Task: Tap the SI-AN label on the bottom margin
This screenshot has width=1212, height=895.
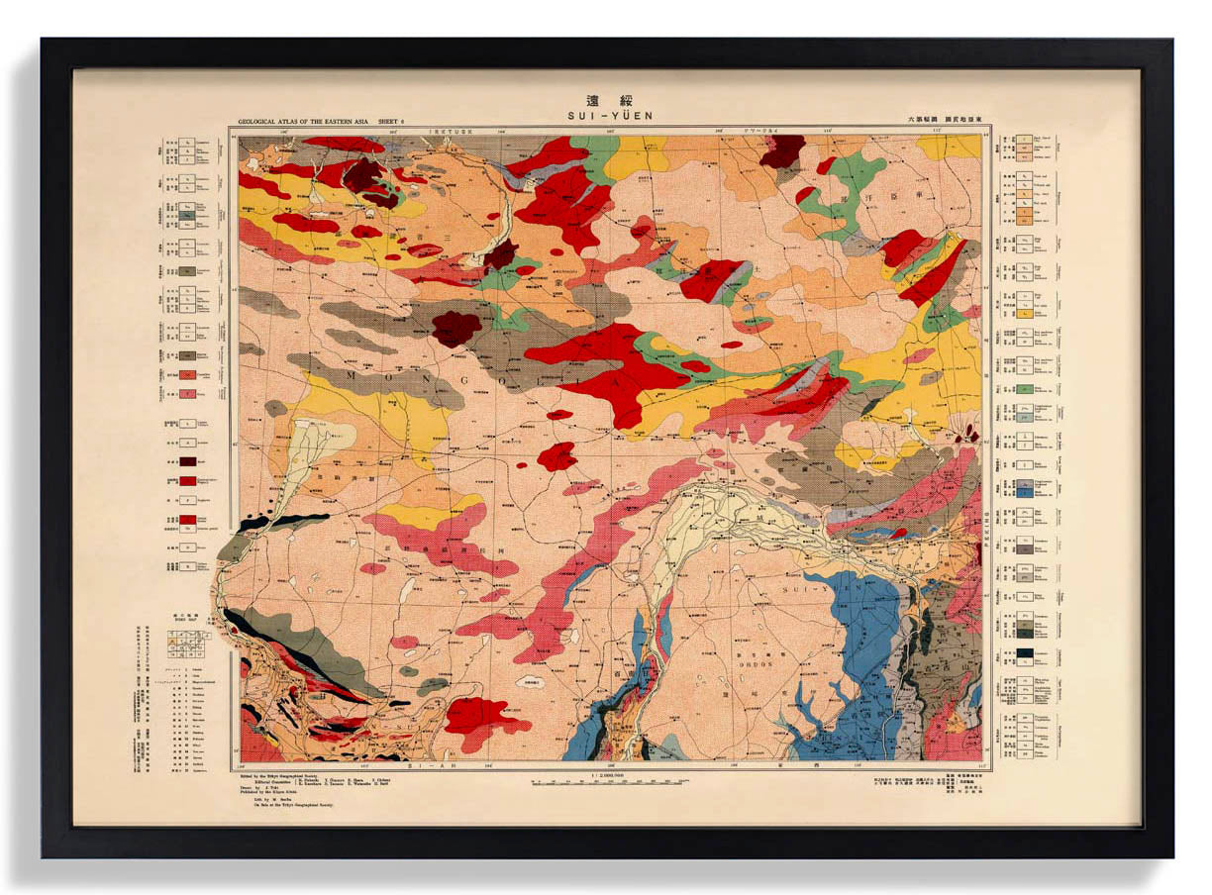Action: pyautogui.click(x=420, y=765)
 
